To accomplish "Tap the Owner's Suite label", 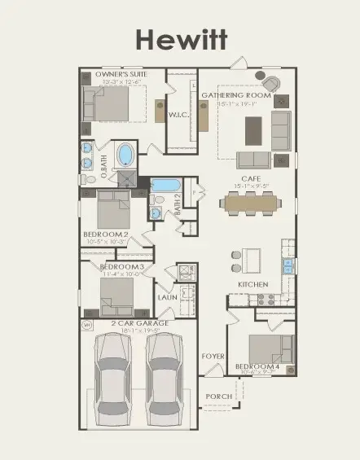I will [120, 75].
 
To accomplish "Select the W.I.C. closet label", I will [178, 115].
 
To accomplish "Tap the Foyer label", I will [213, 356].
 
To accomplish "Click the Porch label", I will [219, 396].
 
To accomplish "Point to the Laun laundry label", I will [167, 297].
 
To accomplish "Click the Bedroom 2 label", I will [106, 234].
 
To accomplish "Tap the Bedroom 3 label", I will [122, 267].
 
